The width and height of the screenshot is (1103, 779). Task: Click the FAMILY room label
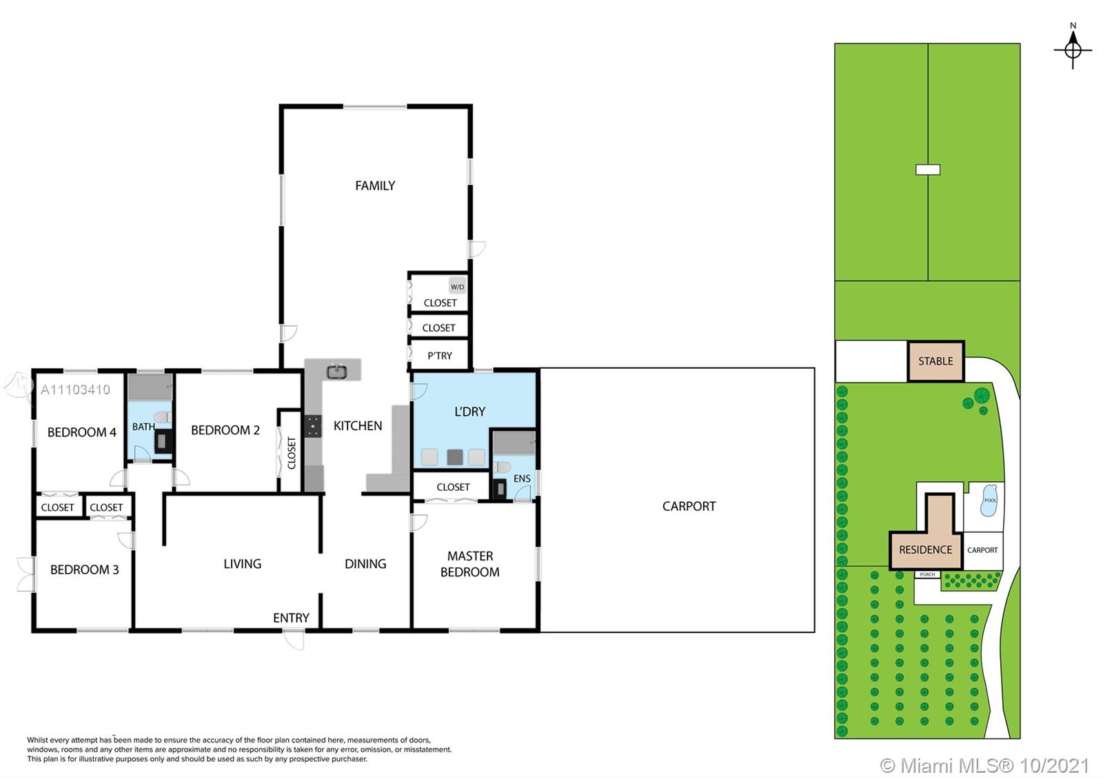pos(375,185)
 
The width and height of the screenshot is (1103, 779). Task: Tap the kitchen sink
pos(337,372)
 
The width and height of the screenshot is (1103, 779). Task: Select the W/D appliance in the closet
pos(457,286)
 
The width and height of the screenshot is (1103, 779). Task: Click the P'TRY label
pos(439,356)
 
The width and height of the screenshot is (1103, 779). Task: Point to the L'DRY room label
pos(469,411)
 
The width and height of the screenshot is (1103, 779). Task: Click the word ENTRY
pos(291,618)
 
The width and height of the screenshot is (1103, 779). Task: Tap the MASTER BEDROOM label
pos(469,564)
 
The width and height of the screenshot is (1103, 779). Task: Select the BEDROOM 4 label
pos(82,432)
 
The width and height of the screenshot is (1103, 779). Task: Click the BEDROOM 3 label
pos(84,569)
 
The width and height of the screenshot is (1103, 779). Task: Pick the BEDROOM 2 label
pos(225,430)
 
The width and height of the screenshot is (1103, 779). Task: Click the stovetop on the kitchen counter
pos(313,426)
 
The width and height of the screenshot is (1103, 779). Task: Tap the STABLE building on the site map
pos(935,361)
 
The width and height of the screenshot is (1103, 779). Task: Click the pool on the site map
pos(989,500)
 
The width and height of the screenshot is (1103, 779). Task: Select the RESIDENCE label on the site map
pos(925,549)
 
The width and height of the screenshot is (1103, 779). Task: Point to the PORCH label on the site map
pos(927,575)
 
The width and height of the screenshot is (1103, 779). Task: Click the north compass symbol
pos(1073,48)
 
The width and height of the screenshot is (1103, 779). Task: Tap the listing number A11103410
pos(75,389)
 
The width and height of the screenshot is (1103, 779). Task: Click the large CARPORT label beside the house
pos(689,506)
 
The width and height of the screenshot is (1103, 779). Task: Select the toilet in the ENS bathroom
pos(502,466)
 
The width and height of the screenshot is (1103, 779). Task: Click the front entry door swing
pos(294,640)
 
